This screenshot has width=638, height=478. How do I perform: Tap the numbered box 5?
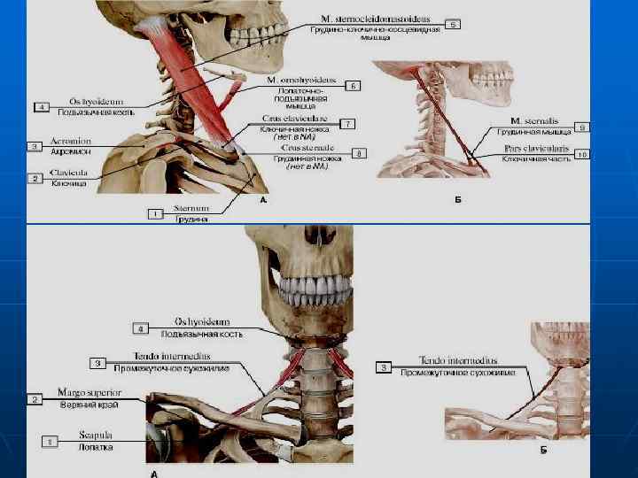click(452, 24)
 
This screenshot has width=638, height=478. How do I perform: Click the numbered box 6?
click(353, 86)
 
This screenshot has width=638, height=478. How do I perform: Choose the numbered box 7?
click(348, 123)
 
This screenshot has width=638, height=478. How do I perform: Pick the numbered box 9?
click(582, 127)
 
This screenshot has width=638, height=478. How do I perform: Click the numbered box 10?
click(582, 154)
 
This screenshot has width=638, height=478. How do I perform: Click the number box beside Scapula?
click(51, 439)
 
